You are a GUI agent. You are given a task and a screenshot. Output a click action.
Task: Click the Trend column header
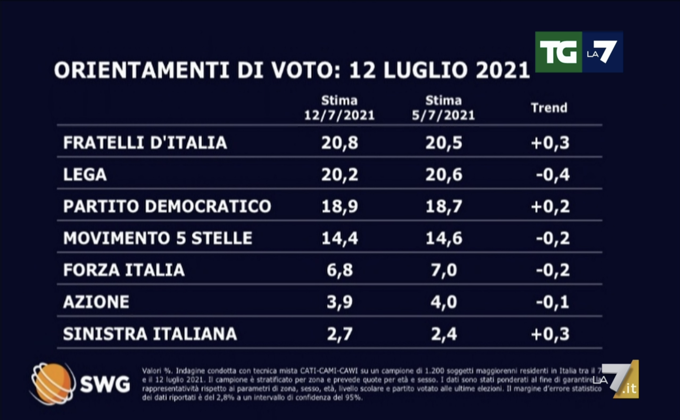click(x=549, y=108)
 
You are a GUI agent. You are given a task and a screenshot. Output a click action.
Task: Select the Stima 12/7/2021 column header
click(x=339, y=108)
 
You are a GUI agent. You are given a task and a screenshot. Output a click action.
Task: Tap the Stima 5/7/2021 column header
click(x=443, y=108)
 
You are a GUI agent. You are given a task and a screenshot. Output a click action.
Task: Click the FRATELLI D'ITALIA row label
click(x=145, y=143)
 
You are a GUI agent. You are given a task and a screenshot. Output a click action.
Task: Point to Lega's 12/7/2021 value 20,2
click(x=340, y=175)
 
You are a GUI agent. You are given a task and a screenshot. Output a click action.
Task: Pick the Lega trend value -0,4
click(x=552, y=175)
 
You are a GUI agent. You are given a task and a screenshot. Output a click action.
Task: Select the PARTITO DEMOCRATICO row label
click(x=167, y=206)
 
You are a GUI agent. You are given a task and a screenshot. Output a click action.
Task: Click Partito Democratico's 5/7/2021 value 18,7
click(x=444, y=206)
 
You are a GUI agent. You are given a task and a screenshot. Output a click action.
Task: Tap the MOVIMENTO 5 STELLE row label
click(x=157, y=238)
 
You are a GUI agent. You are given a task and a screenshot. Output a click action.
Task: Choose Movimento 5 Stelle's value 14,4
click(x=340, y=238)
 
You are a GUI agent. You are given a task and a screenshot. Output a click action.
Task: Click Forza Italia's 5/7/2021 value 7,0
click(x=444, y=270)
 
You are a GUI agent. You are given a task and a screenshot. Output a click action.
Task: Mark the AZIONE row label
click(x=96, y=302)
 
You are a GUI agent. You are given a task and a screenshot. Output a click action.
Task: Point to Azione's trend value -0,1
click(x=552, y=302)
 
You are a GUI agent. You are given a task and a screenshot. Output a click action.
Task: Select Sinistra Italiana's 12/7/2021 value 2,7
click(x=340, y=334)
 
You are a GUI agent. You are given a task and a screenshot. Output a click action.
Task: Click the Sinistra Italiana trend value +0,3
click(x=550, y=334)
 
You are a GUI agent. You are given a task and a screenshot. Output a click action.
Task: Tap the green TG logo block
click(x=558, y=52)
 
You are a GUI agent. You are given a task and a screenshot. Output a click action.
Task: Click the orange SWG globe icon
click(x=53, y=384)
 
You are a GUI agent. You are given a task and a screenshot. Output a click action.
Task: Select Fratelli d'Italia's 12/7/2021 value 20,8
click(x=340, y=143)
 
